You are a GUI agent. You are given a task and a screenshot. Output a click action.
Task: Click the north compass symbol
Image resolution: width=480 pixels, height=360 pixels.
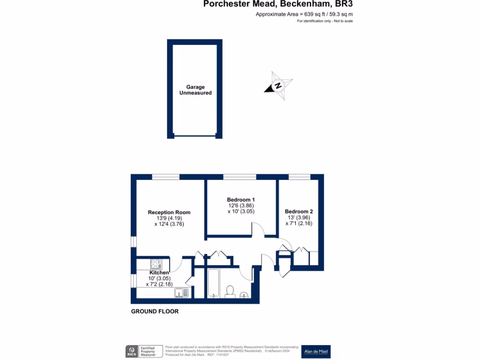278,86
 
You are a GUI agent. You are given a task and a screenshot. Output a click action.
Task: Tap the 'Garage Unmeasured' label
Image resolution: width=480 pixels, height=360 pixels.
195,90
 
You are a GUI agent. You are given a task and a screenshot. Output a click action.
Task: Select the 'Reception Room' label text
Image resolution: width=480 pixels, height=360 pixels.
169,212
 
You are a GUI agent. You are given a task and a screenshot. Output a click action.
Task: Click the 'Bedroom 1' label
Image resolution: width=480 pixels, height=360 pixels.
241,199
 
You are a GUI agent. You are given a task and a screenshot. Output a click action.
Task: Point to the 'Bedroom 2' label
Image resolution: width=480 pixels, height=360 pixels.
299,211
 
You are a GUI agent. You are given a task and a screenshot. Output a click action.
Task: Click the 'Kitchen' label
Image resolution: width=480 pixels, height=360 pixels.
159,272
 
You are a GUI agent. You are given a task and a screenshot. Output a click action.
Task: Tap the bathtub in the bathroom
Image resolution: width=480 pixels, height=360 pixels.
214,283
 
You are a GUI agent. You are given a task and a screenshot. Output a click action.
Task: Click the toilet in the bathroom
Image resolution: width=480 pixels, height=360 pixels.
230,291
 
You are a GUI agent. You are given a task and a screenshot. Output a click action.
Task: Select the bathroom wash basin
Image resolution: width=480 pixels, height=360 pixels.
244,294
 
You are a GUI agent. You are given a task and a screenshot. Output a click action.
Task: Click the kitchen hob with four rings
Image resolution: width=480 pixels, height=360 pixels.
156,264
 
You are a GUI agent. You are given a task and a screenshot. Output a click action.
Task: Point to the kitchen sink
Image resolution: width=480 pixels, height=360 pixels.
181,293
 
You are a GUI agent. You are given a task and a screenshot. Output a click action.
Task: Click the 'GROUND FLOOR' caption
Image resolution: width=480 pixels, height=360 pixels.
155,311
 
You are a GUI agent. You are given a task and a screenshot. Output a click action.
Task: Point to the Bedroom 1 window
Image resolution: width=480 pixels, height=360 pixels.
240,177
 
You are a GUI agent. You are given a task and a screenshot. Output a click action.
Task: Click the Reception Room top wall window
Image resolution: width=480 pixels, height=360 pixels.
165,177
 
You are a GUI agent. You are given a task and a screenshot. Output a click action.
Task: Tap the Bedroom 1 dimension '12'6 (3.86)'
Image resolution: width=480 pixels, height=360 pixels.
241,205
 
